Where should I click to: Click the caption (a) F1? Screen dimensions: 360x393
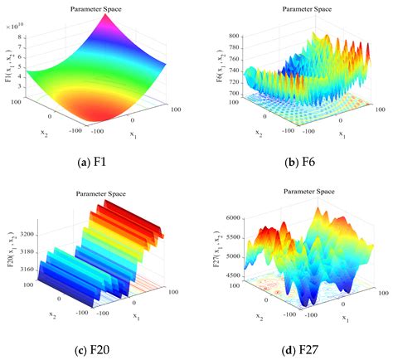click(x=104, y=162)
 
